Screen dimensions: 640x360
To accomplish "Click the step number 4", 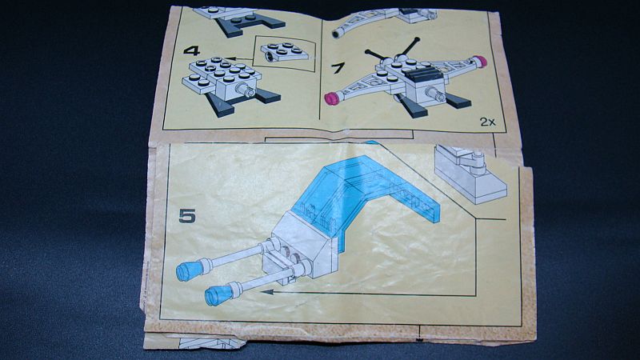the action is (191, 50).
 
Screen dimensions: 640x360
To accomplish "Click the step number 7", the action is (337, 68).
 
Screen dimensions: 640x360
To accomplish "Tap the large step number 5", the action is (187, 216).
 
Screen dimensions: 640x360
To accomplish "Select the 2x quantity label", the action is (487, 122).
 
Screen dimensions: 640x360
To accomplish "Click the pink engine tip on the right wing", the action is (481, 62).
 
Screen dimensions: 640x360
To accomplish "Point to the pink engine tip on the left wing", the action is (330, 98).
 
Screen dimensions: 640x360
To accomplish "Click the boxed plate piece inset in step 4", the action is (285, 52).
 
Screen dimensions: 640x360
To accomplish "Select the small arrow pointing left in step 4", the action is (238, 58).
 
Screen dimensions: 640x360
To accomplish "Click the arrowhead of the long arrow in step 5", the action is (266, 291).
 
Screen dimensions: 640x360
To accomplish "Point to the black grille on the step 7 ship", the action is (423, 74).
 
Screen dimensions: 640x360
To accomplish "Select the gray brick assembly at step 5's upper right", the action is (470, 174).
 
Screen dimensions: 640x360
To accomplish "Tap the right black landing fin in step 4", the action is (266, 96).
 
